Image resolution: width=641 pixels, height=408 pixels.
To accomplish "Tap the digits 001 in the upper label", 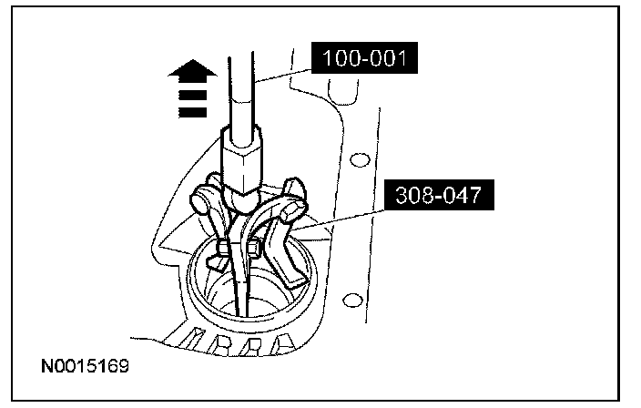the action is coord(386,61).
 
